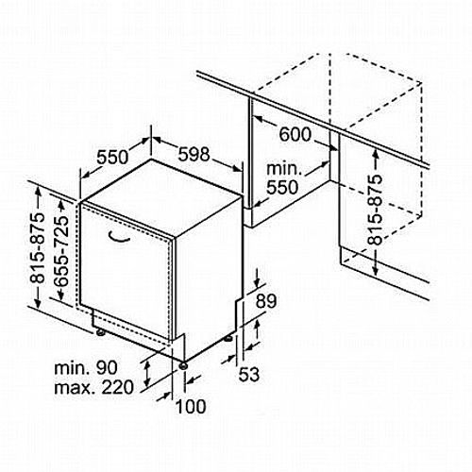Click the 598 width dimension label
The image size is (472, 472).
pos(194,155)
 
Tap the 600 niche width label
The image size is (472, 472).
pos(295,134)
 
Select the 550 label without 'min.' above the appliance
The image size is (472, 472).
pos(112,157)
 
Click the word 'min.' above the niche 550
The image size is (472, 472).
pos(284,169)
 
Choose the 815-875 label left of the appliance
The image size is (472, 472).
pos(37,248)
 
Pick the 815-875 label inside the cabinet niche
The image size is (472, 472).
pos(376,210)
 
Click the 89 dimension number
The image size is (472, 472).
pos(266,301)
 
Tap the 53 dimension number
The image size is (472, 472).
pos(249,374)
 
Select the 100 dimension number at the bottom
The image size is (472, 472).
pos(191,406)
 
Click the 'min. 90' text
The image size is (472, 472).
pos(86,367)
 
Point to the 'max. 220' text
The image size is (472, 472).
pos(94,387)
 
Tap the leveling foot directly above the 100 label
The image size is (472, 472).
pos(182,365)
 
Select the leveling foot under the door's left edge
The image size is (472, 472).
pos(101,332)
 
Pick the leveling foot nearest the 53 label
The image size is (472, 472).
pos(228,339)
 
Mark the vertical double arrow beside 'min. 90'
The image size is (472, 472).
pos(146,374)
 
